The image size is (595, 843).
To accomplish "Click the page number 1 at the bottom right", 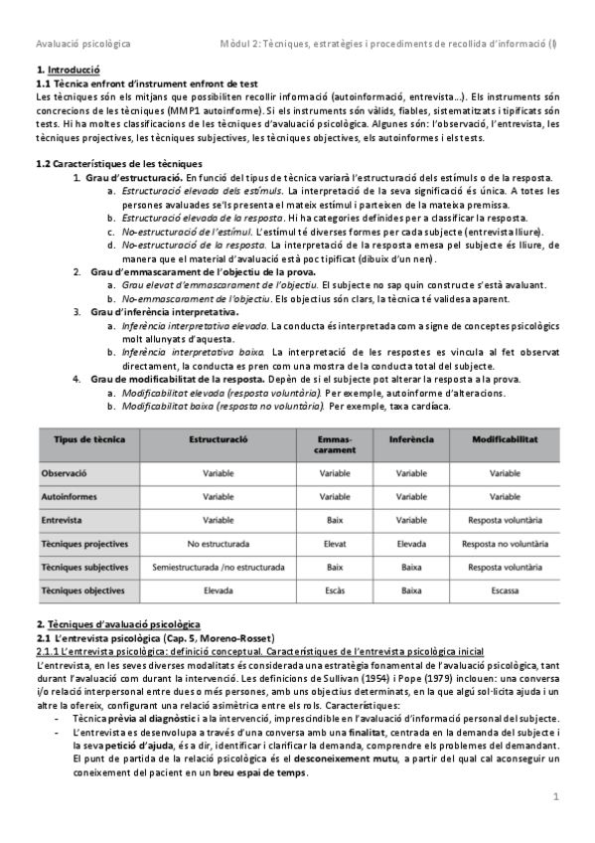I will [556, 796].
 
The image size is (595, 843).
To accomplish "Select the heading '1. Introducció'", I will [68, 70].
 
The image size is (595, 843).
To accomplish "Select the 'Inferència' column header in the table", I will [411, 438].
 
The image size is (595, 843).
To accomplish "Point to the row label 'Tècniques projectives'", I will [84, 544].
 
